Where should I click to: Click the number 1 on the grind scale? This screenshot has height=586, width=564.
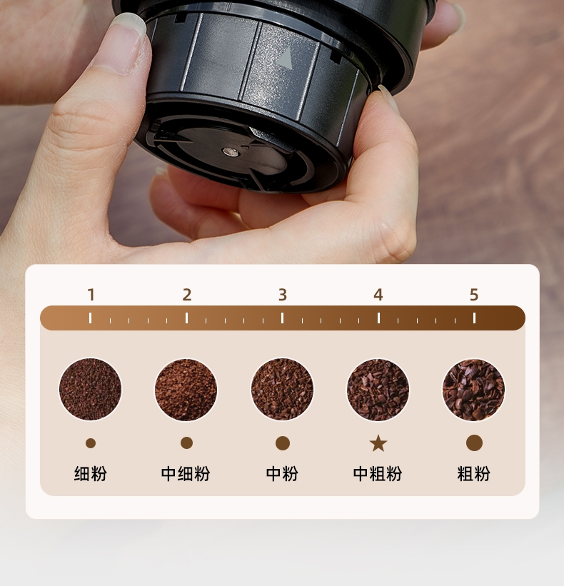(x=91, y=295)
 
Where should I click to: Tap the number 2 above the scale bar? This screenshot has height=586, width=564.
(x=187, y=295)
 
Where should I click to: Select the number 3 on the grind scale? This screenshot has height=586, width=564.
(x=283, y=295)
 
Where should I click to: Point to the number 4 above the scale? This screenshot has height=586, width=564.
(x=378, y=295)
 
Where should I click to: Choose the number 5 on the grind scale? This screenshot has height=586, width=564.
(x=474, y=295)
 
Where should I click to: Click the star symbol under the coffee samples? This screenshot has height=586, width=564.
(x=378, y=443)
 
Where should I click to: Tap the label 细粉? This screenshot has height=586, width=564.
(x=91, y=473)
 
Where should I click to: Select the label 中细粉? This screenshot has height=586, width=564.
(x=186, y=473)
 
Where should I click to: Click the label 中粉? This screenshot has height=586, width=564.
(x=282, y=473)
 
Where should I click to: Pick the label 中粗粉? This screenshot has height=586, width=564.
(x=378, y=473)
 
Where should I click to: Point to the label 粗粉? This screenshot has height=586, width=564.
(x=473, y=473)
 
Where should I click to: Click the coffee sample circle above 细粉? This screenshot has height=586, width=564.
(x=91, y=389)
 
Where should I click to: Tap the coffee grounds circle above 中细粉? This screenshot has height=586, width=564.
(x=186, y=389)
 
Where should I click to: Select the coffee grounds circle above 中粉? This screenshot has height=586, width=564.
(x=282, y=389)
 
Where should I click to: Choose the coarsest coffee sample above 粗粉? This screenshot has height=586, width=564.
(x=473, y=389)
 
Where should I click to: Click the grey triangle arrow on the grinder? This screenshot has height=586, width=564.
(x=286, y=59)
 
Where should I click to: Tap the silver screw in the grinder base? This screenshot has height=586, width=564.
(x=231, y=151)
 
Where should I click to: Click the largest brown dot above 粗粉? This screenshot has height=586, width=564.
(x=474, y=443)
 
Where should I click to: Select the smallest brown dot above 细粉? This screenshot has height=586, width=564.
(x=91, y=443)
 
